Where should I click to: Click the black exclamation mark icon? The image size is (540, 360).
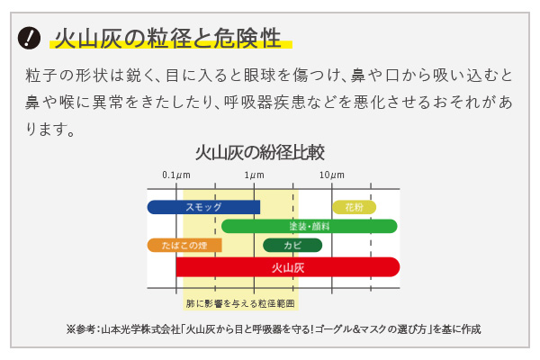(x=29, y=38)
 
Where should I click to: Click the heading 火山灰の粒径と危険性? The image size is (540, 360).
(x=168, y=38)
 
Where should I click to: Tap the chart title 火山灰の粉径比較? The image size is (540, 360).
(x=260, y=153)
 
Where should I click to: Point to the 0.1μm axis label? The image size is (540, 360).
(x=176, y=175)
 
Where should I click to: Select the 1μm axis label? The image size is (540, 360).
(x=254, y=175)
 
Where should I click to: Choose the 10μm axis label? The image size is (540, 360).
(x=331, y=175)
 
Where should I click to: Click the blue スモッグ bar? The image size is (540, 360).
(x=203, y=207)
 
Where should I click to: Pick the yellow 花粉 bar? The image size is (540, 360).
(x=354, y=207)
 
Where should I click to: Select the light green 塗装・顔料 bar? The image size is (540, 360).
(x=310, y=226)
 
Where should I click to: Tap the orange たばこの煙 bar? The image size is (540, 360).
(x=184, y=246)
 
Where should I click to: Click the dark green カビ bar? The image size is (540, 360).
(x=292, y=246)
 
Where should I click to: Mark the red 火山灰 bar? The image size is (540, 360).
(x=288, y=267)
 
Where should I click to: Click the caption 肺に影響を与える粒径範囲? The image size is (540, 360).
(x=240, y=303)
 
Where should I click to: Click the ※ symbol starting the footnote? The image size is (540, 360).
(x=70, y=329)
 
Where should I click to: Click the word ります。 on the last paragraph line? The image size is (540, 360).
(x=50, y=130)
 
